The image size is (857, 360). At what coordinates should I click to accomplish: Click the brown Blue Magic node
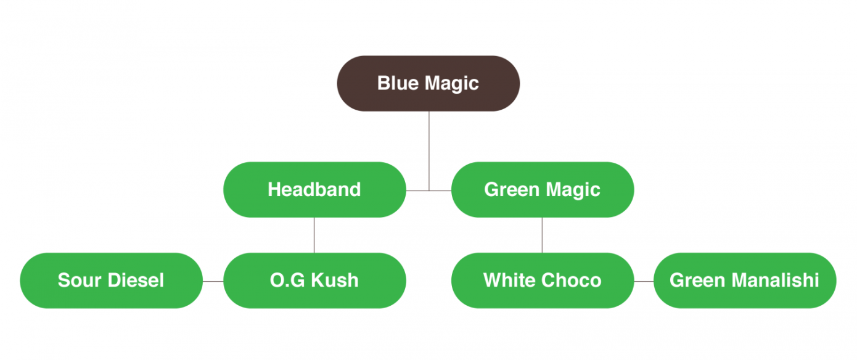point(428,83)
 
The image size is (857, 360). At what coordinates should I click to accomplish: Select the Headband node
point(314,190)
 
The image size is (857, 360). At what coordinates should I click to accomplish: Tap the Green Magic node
point(543,190)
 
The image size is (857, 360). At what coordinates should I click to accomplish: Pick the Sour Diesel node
point(112,280)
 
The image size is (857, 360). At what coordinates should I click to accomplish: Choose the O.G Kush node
point(314,280)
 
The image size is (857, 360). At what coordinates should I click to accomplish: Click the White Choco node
point(543,280)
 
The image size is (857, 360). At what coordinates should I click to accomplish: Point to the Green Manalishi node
point(745,280)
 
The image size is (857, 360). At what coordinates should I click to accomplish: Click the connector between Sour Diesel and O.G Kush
point(213,281)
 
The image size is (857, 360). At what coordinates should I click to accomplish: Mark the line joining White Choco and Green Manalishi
point(644,281)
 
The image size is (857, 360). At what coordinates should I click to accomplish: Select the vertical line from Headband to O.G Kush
point(314,235)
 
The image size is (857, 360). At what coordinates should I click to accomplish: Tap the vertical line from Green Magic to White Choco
point(542,235)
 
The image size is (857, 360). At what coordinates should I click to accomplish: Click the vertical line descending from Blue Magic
point(429,151)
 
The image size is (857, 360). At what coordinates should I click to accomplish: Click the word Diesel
point(136,280)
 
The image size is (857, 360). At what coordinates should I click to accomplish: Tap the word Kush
point(335,280)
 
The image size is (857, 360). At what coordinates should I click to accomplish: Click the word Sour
point(80,280)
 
